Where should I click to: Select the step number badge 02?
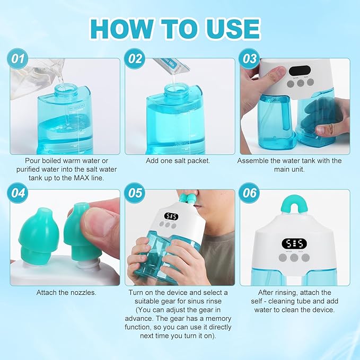(135, 59)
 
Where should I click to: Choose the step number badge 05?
(135, 193)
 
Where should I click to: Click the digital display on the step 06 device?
(294, 243)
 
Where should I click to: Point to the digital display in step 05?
(171, 217)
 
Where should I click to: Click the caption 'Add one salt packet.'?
(180, 160)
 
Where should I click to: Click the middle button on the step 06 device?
(294, 258)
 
